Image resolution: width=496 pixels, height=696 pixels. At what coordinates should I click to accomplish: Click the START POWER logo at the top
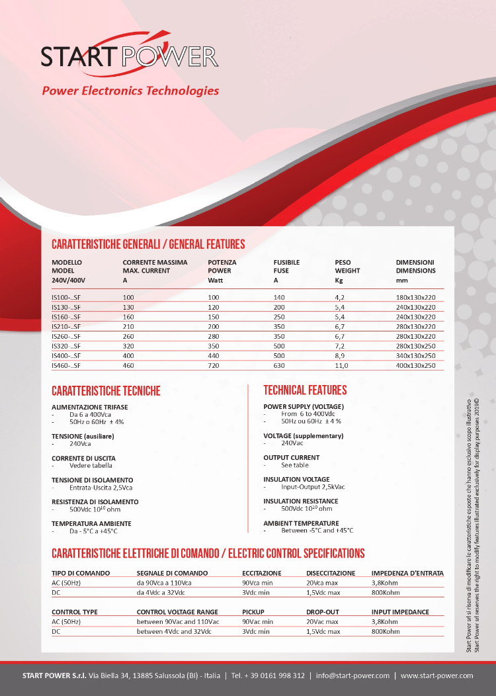(x=130, y=56)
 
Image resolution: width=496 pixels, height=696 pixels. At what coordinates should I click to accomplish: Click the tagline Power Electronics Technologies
(x=130, y=91)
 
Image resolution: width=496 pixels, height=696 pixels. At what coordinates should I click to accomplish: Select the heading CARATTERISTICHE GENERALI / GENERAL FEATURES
(x=148, y=244)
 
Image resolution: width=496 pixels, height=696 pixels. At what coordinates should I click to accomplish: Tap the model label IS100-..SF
(x=65, y=298)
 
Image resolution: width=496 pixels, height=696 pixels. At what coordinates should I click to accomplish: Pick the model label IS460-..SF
(x=65, y=365)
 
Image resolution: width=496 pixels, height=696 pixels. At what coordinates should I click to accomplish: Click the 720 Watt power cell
(x=214, y=365)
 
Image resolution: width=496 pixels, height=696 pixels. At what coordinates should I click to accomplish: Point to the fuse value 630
(x=279, y=365)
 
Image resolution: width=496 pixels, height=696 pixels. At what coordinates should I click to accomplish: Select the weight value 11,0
(x=341, y=365)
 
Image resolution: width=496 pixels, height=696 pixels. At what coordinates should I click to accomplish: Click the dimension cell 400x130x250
(x=415, y=365)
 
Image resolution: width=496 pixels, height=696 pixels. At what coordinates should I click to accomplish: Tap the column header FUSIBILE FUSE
(x=286, y=267)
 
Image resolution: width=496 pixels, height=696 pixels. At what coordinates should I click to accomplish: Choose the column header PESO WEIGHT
(x=347, y=267)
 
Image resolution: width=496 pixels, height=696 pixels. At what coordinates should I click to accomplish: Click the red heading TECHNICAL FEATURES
(x=305, y=390)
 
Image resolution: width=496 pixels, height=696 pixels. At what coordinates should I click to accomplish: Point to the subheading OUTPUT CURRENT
(x=291, y=457)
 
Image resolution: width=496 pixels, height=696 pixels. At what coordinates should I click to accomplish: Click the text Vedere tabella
(x=91, y=466)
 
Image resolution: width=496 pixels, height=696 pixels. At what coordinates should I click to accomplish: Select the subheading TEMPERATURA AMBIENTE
(x=91, y=523)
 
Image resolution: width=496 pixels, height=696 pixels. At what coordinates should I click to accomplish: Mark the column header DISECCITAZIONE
(x=331, y=573)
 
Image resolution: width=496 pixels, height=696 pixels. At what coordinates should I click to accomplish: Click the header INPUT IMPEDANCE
(x=400, y=612)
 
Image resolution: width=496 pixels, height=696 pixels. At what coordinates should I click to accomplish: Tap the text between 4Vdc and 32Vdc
(x=177, y=632)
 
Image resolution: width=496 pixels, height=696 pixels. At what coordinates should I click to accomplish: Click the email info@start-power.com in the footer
(x=352, y=675)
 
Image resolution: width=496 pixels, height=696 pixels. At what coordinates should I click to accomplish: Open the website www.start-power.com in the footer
(x=437, y=675)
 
